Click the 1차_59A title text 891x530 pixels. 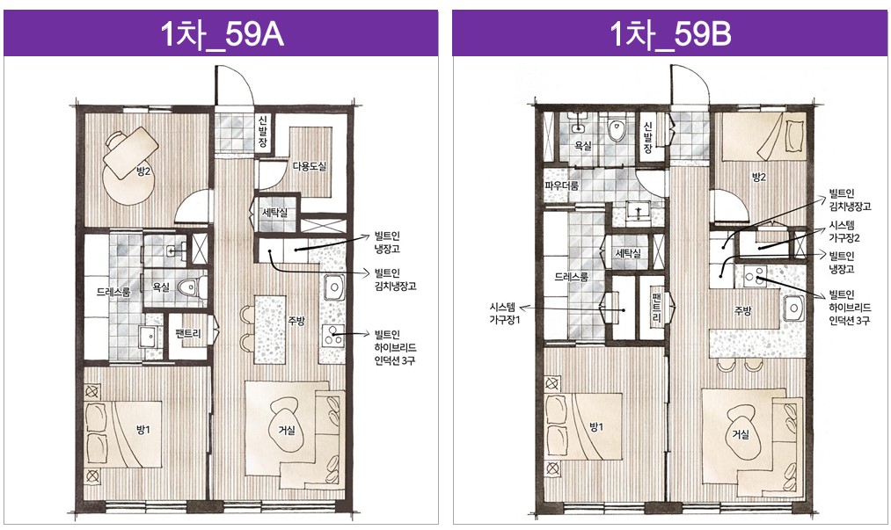pyautogui.click(x=223, y=34)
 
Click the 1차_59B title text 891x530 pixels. pyautogui.click(x=670, y=34)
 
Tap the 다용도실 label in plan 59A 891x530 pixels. pyautogui.click(x=309, y=166)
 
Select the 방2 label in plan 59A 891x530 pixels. pyautogui.click(x=143, y=171)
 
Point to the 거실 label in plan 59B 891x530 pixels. pyautogui.click(x=741, y=434)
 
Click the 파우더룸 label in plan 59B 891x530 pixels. pyautogui.click(x=562, y=185)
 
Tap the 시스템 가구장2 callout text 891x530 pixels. pyautogui.click(x=844, y=232)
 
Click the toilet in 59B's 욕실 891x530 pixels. pyautogui.click(x=616, y=130)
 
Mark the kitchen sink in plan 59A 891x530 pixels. pyautogui.click(x=333, y=287)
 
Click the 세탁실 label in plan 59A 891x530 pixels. pyautogui.click(x=274, y=213)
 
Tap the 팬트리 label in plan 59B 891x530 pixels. pyautogui.click(x=657, y=307)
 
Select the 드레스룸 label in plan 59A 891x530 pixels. pyautogui.click(x=113, y=292)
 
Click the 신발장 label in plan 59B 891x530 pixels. pyautogui.click(x=647, y=138)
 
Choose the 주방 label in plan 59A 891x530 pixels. pyautogui.click(x=296, y=321)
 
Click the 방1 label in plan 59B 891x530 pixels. pyautogui.click(x=596, y=427)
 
